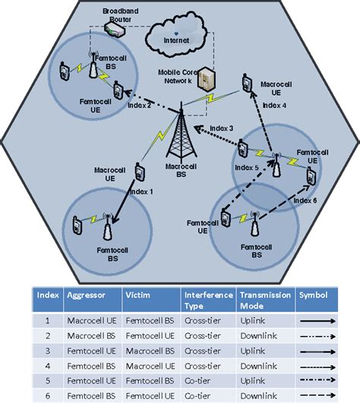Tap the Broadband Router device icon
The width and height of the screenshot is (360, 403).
pyautogui.click(x=115, y=31)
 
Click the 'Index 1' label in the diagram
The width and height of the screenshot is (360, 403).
pyautogui.click(x=141, y=192)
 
